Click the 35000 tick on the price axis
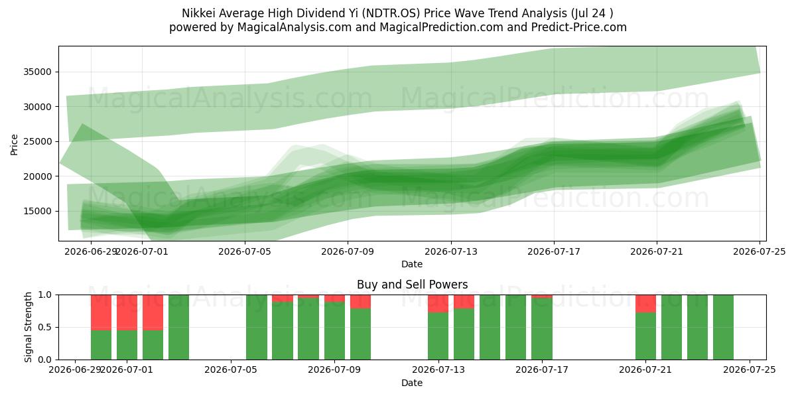click(x=37, y=72)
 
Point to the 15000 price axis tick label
click(x=37, y=212)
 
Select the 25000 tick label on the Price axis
click(x=37, y=142)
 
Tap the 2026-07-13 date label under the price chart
click(x=451, y=252)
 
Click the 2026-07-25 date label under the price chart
click(x=760, y=252)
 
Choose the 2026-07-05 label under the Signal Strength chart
click(x=231, y=370)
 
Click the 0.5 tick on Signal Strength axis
click(x=45, y=327)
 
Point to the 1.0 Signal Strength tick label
click(x=45, y=295)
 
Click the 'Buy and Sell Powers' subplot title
click(x=412, y=285)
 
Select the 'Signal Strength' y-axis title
click(x=28, y=327)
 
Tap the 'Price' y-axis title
click(x=14, y=145)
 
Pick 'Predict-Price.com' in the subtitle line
click(x=579, y=27)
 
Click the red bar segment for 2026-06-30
click(x=127, y=312)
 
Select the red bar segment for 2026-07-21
click(x=645, y=304)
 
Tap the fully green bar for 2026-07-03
click(x=178, y=327)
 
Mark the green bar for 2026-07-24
click(x=723, y=327)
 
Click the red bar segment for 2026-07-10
click(x=360, y=302)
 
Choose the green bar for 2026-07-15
click(x=490, y=327)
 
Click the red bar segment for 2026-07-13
click(x=438, y=304)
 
